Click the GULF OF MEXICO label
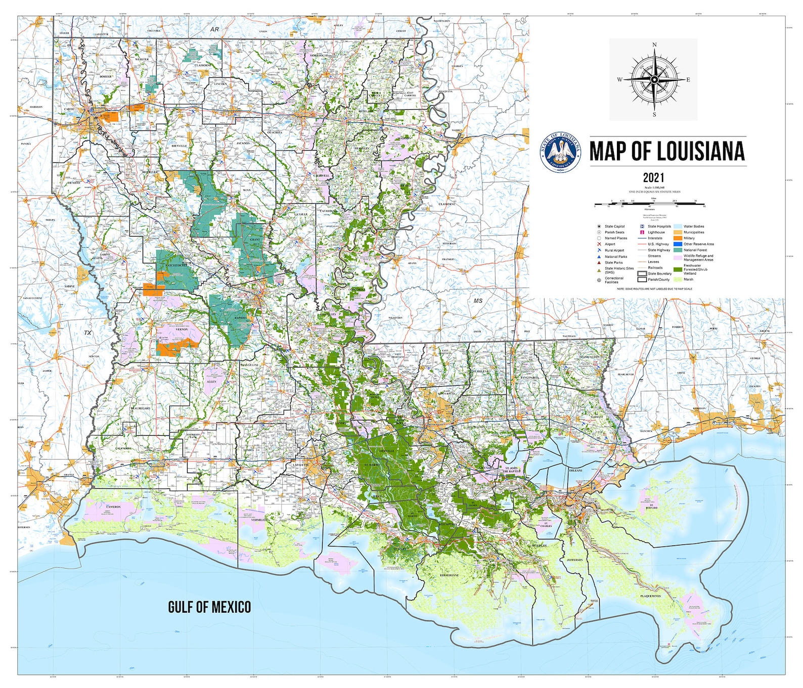[209, 607]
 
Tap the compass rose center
[654, 79]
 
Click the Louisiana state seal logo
[561, 152]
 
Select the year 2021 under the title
[653, 177]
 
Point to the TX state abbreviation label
[88, 333]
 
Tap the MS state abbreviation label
[478, 301]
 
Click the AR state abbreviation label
[215, 29]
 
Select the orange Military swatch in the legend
[678, 238]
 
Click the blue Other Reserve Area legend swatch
[678, 244]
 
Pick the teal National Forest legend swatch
[678, 250]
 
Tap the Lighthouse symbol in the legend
[642, 232]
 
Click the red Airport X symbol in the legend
[599, 244]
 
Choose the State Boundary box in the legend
[642, 273]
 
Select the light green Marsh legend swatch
[678, 279]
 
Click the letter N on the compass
[654, 45]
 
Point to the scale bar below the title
[649, 204]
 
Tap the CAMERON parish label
[113, 507]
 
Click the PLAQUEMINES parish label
[650, 596]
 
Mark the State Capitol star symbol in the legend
[599, 226]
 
